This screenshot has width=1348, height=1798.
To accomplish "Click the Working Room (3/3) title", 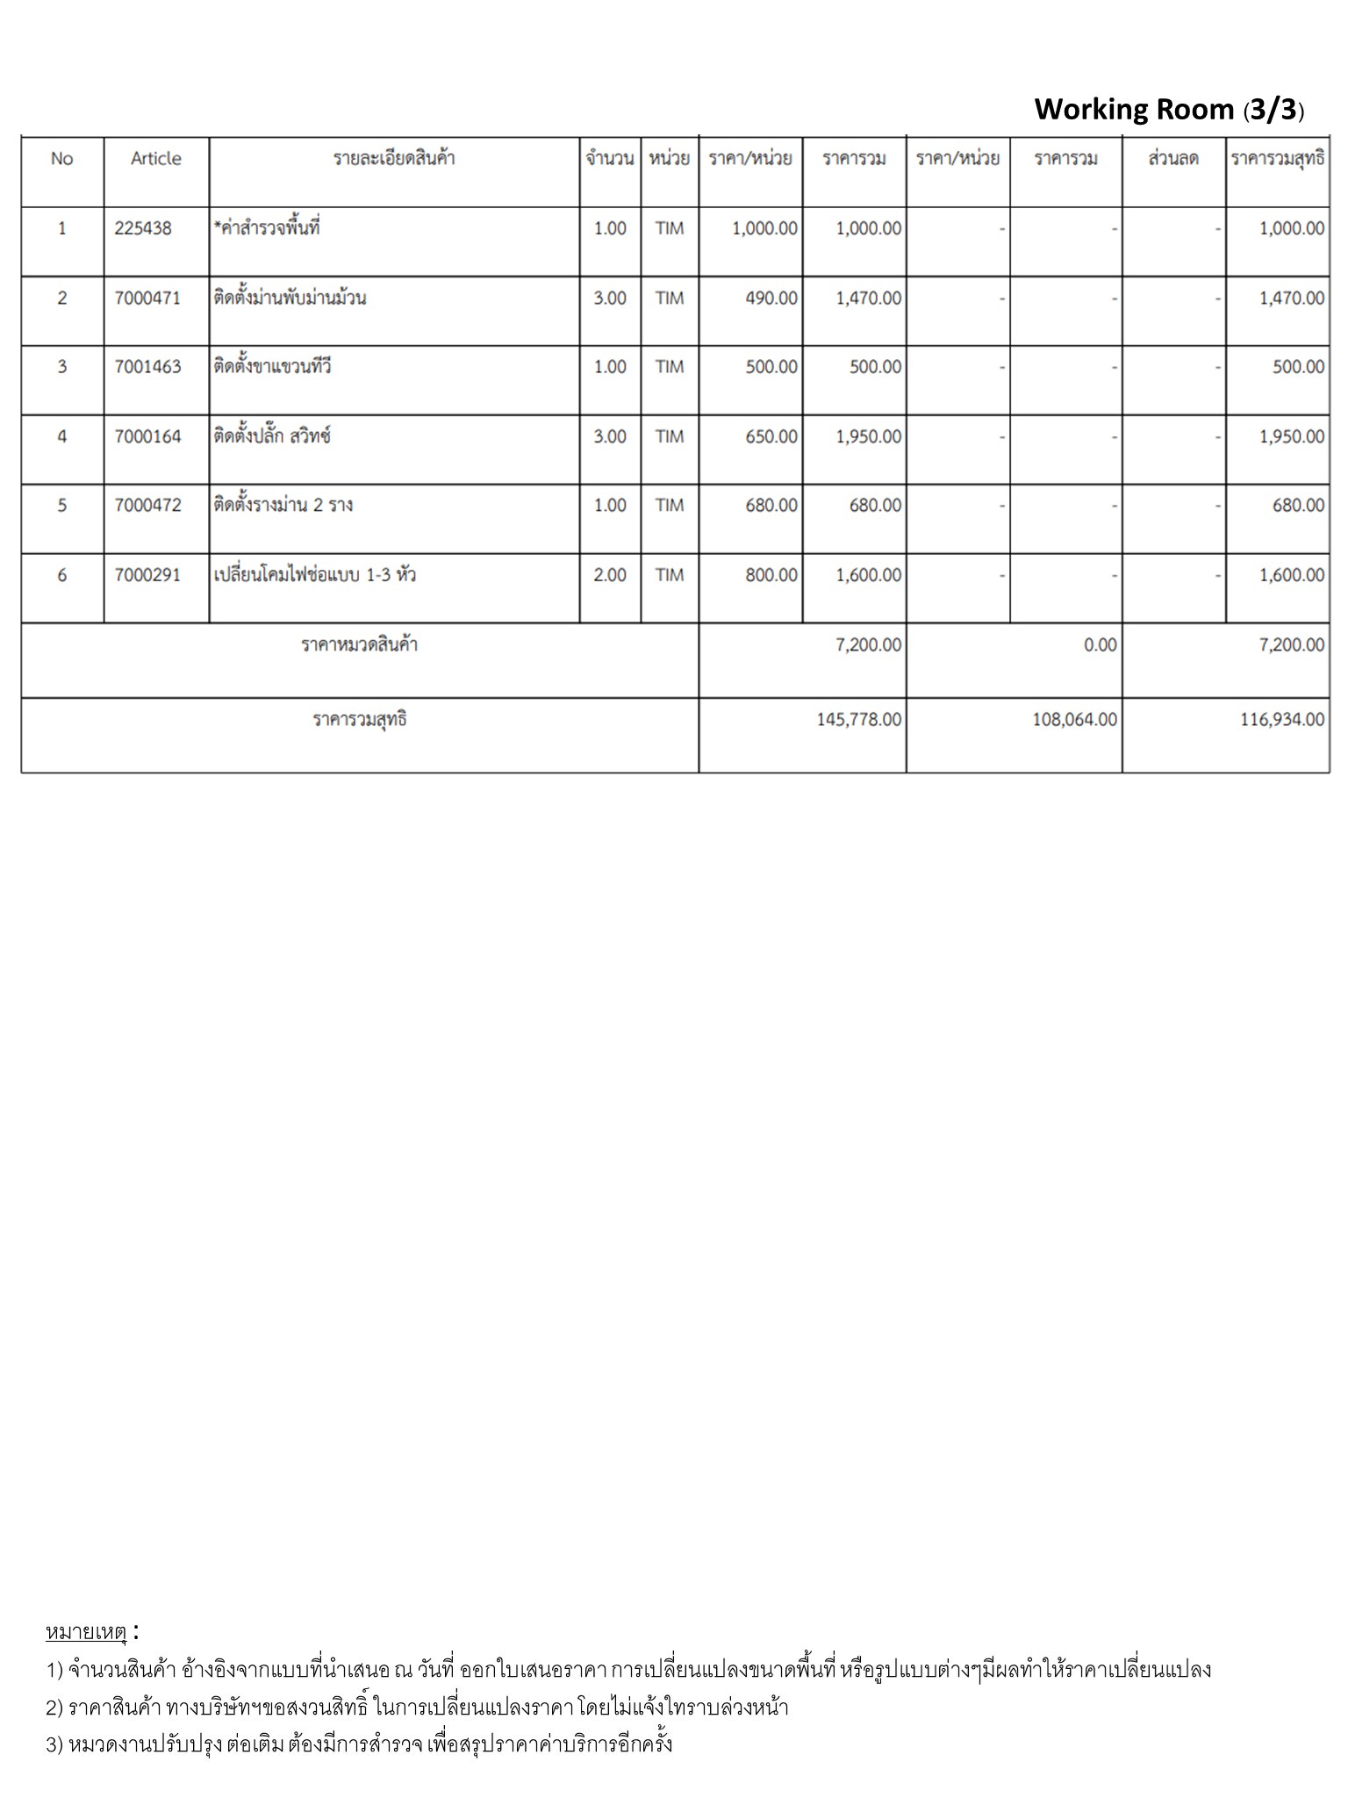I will click(1168, 110).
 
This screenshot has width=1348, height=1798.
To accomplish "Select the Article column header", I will click(155, 159).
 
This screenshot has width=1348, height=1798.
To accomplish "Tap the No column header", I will click(61, 159).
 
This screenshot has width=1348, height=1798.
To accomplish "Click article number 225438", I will click(143, 228).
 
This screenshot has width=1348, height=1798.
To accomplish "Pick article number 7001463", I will click(147, 367).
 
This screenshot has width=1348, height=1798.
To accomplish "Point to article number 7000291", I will click(147, 575).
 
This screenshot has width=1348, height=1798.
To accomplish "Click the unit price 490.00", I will click(771, 298).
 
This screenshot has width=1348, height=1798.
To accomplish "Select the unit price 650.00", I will click(771, 436).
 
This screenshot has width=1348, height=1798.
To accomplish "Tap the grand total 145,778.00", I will click(857, 720).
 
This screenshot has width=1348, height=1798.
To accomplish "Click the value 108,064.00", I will click(1074, 720).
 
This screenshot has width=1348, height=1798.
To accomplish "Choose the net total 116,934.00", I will click(1281, 720).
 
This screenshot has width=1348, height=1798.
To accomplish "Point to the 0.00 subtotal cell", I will click(1100, 645).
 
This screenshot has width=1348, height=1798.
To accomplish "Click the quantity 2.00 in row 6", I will click(610, 575).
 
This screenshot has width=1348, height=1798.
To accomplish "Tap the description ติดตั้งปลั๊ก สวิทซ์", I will click(272, 436).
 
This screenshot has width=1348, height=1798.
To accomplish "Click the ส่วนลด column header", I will click(1172, 159).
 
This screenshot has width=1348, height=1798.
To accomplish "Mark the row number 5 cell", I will click(61, 506).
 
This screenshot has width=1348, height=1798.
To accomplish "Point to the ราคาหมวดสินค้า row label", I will click(359, 645).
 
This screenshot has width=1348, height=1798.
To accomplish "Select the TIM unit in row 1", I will click(669, 228).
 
